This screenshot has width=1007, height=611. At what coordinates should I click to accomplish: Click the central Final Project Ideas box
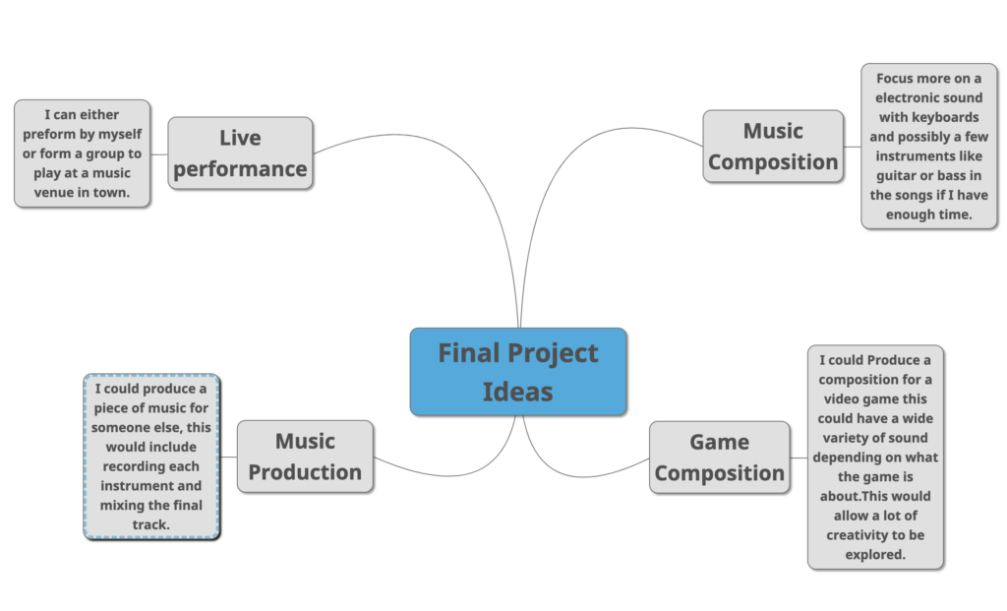pyautogui.click(x=518, y=372)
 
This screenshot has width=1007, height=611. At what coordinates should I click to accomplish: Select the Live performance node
pyautogui.click(x=240, y=153)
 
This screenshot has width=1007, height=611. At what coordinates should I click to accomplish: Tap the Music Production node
pyautogui.click(x=305, y=457)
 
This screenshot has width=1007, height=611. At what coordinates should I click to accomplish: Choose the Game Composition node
pyautogui.click(x=719, y=458)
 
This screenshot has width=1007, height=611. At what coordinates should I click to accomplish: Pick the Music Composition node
pyautogui.click(x=773, y=147)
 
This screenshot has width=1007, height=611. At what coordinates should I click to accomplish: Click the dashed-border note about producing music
pyautogui.click(x=151, y=457)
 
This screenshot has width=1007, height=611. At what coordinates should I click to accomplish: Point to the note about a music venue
pyautogui.click(x=83, y=153)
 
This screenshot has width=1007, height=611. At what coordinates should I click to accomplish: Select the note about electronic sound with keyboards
pyautogui.click(x=928, y=147)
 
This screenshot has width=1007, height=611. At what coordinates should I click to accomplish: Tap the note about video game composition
pyautogui.click(x=875, y=458)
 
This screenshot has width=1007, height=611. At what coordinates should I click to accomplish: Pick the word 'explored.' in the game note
pyautogui.click(x=875, y=555)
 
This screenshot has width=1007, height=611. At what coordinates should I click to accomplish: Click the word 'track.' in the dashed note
pyautogui.click(x=150, y=524)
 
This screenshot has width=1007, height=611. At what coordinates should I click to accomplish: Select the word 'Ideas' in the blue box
pyautogui.click(x=517, y=392)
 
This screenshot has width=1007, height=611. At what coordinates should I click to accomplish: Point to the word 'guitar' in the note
pyautogui.click(x=896, y=175)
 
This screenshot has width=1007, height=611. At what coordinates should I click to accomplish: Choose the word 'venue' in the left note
pyautogui.click(x=54, y=192)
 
